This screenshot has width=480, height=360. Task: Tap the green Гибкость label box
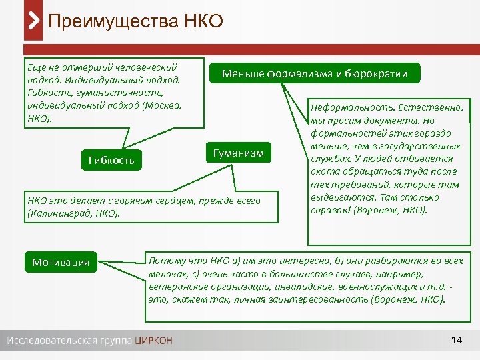tap(111, 160)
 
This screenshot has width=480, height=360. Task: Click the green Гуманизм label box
tap(239, 153)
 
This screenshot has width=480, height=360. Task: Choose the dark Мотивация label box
tap(61, 262)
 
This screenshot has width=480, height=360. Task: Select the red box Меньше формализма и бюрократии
tap(315, 73)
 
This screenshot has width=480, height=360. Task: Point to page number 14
tap(457, 341)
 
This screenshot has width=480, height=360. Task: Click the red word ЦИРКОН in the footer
tap(153, 341)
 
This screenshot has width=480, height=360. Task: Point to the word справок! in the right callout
tap(331, 209)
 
